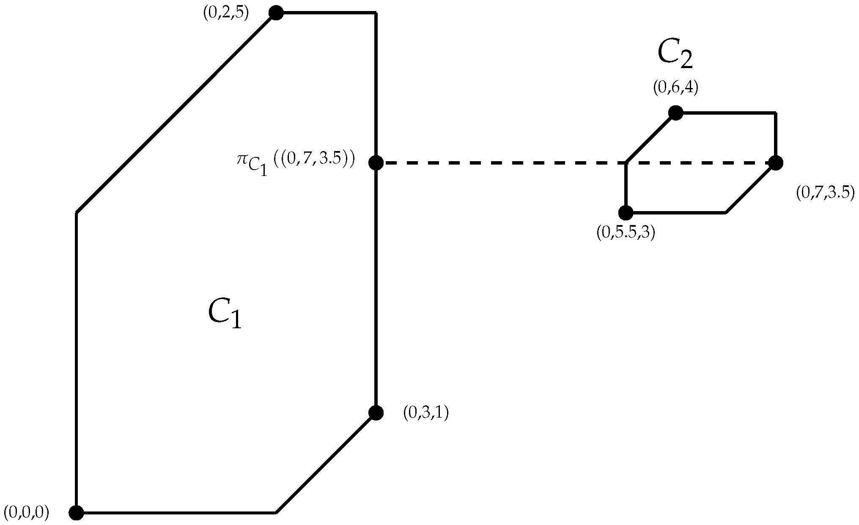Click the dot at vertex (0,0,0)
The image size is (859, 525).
pos(77,513)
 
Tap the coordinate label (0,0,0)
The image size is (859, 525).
pos(26,512)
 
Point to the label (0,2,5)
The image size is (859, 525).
pos(226,13)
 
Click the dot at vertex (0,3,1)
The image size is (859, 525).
pos(376,413)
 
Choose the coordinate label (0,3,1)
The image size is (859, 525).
pos(425,413)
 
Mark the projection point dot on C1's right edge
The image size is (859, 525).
pos(376,162)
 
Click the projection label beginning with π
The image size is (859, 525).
pos(295,162)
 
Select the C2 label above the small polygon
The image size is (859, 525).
pos(675,55)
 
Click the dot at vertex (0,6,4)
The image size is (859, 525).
pos(675,113)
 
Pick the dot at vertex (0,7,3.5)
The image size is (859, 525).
pos(775,163)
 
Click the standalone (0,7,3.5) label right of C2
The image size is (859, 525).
pos(825,193)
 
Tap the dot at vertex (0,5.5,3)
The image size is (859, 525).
pos(626,212)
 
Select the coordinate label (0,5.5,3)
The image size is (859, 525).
pos(626,233)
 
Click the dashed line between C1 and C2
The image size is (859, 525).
pos(499,162)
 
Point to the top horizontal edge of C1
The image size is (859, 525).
pos(326,13)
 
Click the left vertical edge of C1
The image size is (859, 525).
pos(77,360)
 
